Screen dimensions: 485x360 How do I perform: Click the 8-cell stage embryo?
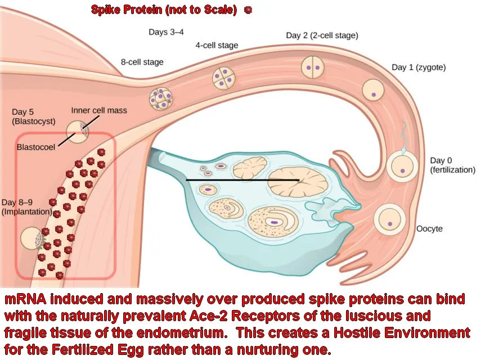[x=161, y=98]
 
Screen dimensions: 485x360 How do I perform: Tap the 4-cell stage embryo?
[x=223, y=78]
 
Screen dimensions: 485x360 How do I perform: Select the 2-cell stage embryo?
[x=313, y=67]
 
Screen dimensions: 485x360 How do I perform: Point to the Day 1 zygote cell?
[x=373, y=91]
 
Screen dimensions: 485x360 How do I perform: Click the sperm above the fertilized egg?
[x=404, y=137]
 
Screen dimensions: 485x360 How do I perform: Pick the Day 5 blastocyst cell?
[x=77, y=132]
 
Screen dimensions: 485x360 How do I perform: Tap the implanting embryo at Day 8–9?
[x=33, y=238]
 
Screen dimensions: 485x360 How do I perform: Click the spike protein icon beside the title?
[x=248, y=10]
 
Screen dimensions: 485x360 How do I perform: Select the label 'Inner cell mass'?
[x=99, y=110]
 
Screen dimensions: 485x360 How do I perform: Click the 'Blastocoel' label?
[x=36, y=147]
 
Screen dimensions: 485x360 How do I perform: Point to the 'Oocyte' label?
[x=429, y=229]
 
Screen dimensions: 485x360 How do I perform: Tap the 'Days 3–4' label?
[x=166, y=32]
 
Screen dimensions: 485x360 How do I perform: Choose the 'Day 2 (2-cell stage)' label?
[x=322, y=35]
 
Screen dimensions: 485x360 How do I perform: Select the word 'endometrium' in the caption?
[x=181, y=333]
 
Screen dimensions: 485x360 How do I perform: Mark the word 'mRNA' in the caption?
[x=25, y=299]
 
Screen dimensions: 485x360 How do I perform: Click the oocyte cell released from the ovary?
[x=389, y=219]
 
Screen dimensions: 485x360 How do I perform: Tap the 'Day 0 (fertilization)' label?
[x=452, y=165]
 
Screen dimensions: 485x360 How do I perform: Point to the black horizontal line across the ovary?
[x=242, y=179]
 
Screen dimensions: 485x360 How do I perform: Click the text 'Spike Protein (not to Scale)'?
[x=164, y=10]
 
